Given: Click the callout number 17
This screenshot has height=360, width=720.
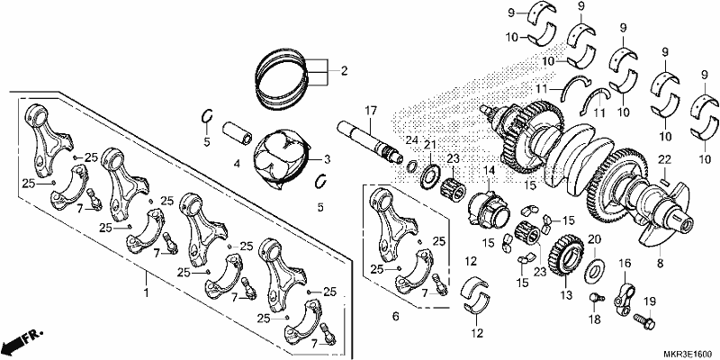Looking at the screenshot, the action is pos(371,111).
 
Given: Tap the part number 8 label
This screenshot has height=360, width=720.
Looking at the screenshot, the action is pos(661,264).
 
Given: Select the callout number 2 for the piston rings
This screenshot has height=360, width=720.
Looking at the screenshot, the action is pos(344,71).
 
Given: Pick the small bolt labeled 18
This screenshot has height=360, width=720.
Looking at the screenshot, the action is pos(596,299).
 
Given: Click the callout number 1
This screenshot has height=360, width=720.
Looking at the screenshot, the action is pos(147,292).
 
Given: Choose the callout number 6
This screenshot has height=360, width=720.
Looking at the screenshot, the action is pos(396,316).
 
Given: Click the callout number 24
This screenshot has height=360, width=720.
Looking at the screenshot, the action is pos(411,139).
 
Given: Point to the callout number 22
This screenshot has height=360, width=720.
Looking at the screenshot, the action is pos(664,159).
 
